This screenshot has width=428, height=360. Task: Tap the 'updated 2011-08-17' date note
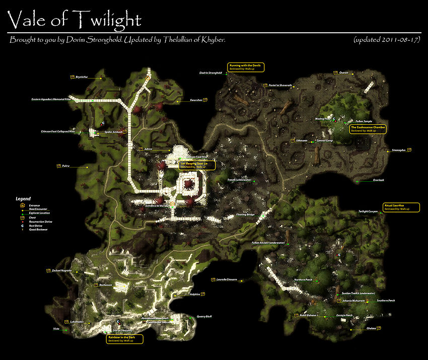[386, 39]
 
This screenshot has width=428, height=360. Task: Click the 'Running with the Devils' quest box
[246, 67]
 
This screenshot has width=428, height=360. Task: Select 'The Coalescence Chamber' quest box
[368, 129]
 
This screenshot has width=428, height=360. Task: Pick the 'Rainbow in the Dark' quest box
[124, 339]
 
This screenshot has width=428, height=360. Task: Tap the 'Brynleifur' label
[82, 78]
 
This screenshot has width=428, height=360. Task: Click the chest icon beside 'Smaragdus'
[409, 150]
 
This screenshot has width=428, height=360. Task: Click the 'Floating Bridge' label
[245, 215]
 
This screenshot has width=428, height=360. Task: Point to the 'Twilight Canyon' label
[368, 211]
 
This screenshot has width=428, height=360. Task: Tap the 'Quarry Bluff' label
[204, 317]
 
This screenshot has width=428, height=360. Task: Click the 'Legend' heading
[23, 199]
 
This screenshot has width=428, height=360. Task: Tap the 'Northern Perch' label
[303, 279]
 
